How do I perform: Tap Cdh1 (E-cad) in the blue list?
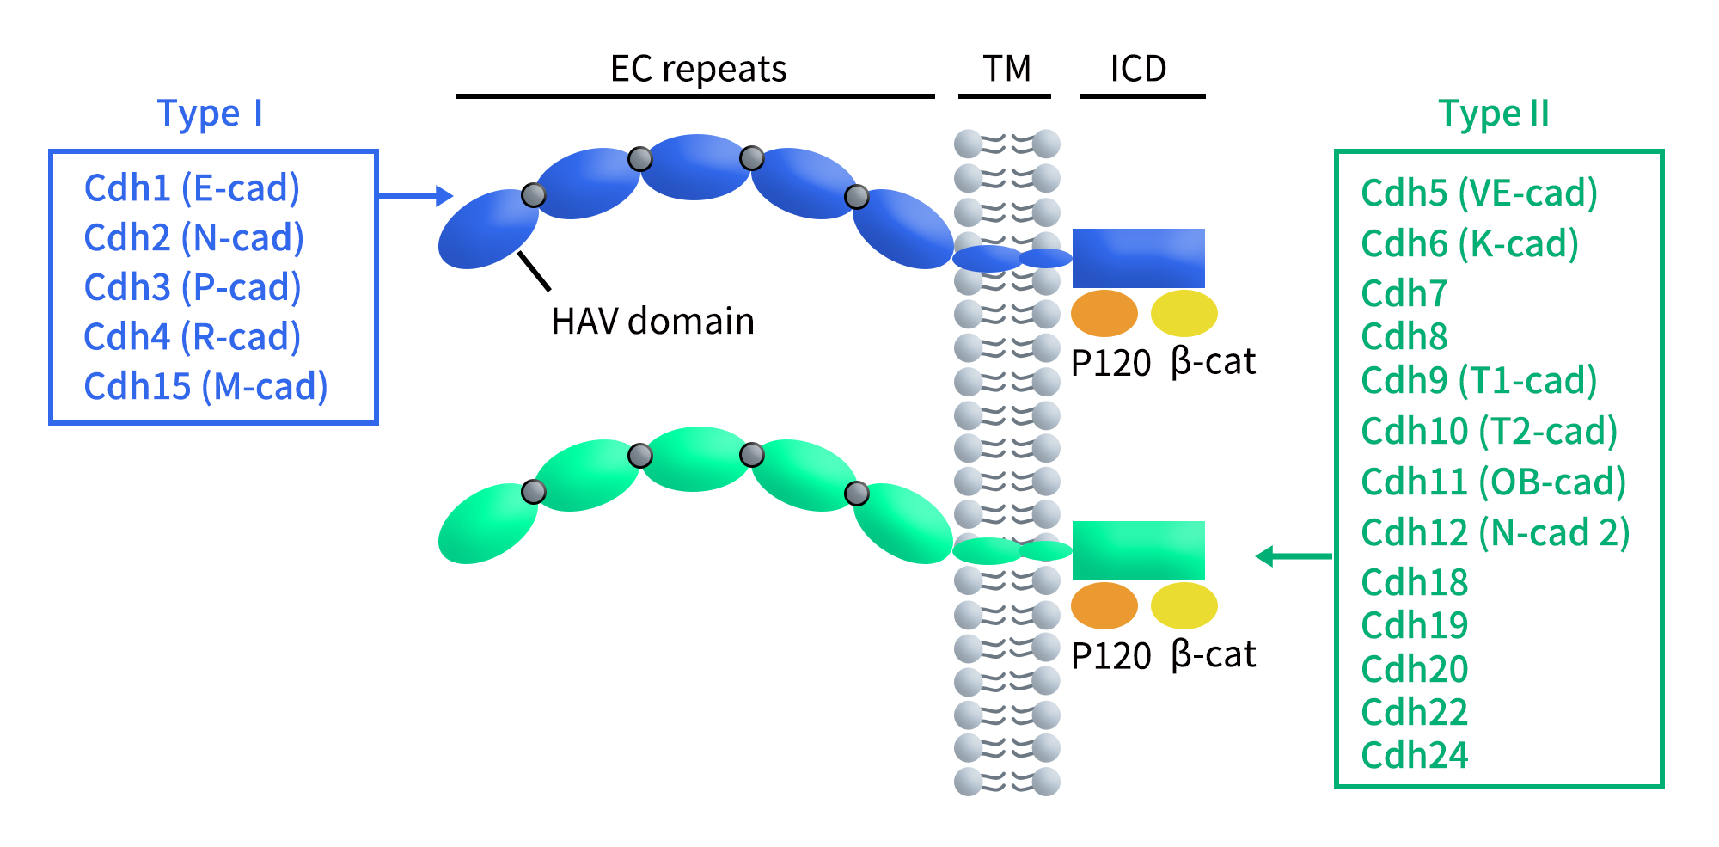click(x=192, y=188)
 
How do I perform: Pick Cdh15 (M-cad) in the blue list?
click(x=205, y=387)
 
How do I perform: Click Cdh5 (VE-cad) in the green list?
click(x=1479, y=193)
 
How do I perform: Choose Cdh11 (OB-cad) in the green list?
click(x=1494, y=482)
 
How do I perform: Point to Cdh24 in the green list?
click(x=1415, y=755)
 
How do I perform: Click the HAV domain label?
click(x=652, y=322)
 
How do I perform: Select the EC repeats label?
click(x=698, y=69)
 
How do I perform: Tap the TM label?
click(x=1006, y=69)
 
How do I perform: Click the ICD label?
click(x=1138, y=69)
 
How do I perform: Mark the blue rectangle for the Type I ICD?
click(x=1138, y=258)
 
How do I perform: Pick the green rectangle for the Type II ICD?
click(x=1138, y=550)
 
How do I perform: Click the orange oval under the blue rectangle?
click(x=1104, y=313)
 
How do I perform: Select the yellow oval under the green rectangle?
click(x=1184, y=605)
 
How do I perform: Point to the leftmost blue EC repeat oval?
click(x=486, y=230)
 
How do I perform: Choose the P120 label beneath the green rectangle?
click(x=1110, y=656)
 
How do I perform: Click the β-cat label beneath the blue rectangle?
click(x=1213, y=362)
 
